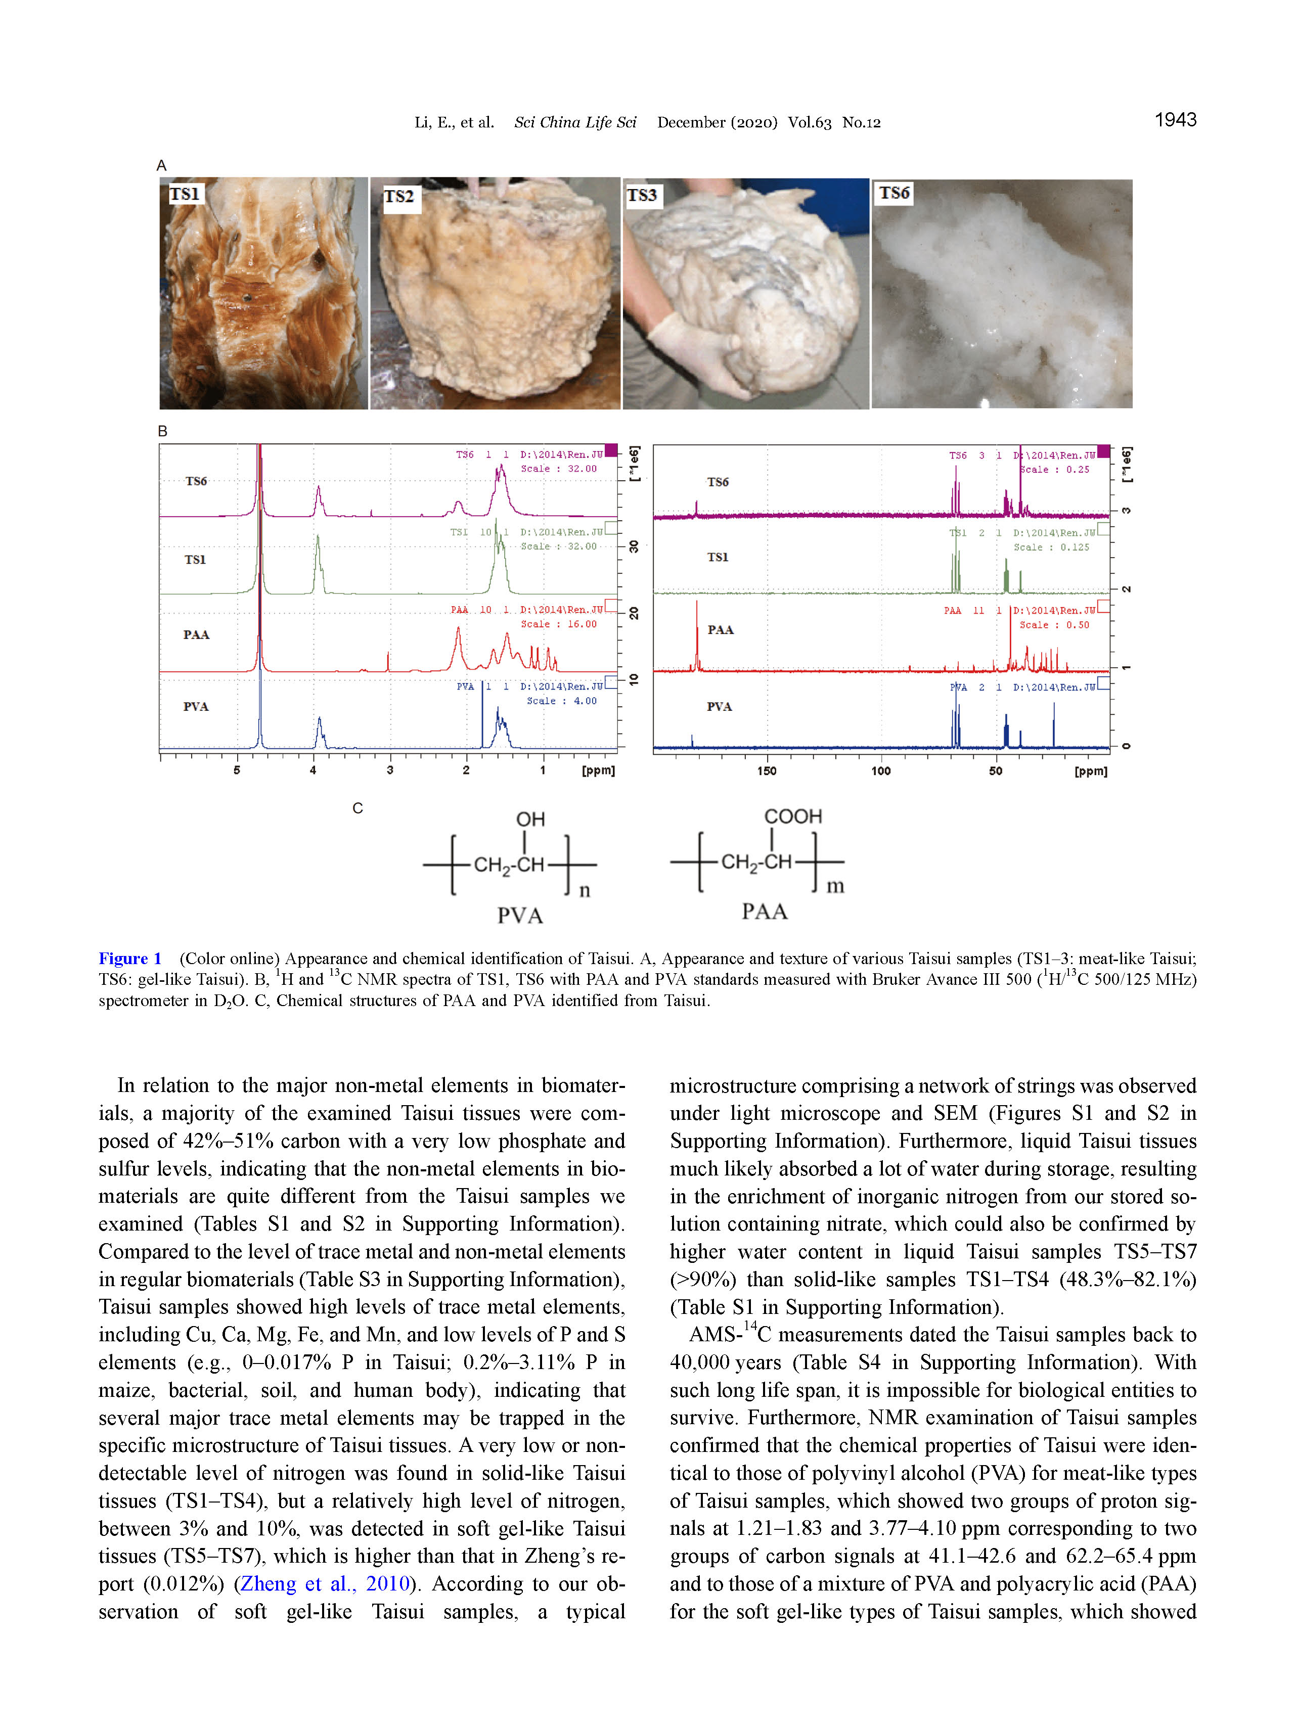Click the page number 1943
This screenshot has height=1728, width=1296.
coord(1175,119)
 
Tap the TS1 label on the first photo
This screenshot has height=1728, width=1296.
coord(185,194)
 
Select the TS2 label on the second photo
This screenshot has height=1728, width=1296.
coord(398,197)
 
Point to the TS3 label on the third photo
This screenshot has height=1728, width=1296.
coord(642,195)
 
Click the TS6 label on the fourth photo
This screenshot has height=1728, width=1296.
coord(893,193)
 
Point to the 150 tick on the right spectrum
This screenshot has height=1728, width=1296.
coord(767,771)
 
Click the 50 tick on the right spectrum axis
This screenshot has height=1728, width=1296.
coord(995,771)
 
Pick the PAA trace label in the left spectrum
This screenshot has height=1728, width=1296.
coord(196,634)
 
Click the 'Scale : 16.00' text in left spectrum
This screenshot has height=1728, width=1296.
coord(559,624)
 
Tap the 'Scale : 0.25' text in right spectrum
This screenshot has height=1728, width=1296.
coord(1055,470)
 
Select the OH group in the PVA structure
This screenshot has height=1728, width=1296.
coord(530,818)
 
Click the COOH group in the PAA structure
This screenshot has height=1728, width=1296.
coord(792,816)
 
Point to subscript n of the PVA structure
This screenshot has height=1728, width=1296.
coord(585,891)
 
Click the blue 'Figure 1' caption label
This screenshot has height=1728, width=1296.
coord(129,959)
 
